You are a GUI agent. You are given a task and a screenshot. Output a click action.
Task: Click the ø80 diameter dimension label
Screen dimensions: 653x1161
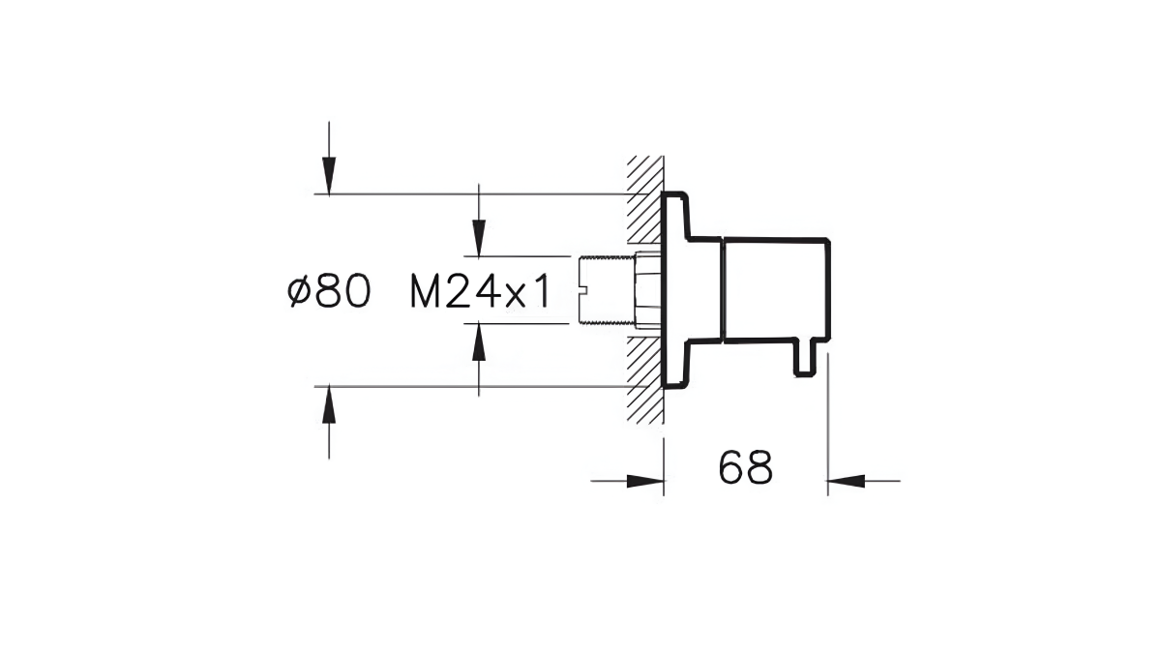coord(330,292)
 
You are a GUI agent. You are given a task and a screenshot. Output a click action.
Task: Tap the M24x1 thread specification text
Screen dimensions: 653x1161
coord(480,292)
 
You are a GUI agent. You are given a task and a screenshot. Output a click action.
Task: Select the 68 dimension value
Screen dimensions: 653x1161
coord(746,469)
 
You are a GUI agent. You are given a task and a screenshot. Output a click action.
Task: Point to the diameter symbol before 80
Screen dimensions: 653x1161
coord(299,292)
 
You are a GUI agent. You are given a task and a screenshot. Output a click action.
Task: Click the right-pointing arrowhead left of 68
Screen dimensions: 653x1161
coord(644,480)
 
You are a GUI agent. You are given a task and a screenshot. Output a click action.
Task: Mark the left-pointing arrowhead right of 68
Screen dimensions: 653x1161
coord(846,480)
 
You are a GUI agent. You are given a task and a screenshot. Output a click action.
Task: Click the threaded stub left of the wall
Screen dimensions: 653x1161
coord(605,289)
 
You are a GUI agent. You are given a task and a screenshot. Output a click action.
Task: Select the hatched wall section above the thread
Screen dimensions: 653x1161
coord(642,198)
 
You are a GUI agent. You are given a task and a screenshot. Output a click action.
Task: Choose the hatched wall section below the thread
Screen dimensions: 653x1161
coord(642,377)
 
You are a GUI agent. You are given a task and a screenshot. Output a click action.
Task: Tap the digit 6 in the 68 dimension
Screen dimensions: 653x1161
coord(731,469)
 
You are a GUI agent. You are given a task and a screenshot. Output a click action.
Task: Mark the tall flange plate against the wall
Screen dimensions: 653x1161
coord(673,288)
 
